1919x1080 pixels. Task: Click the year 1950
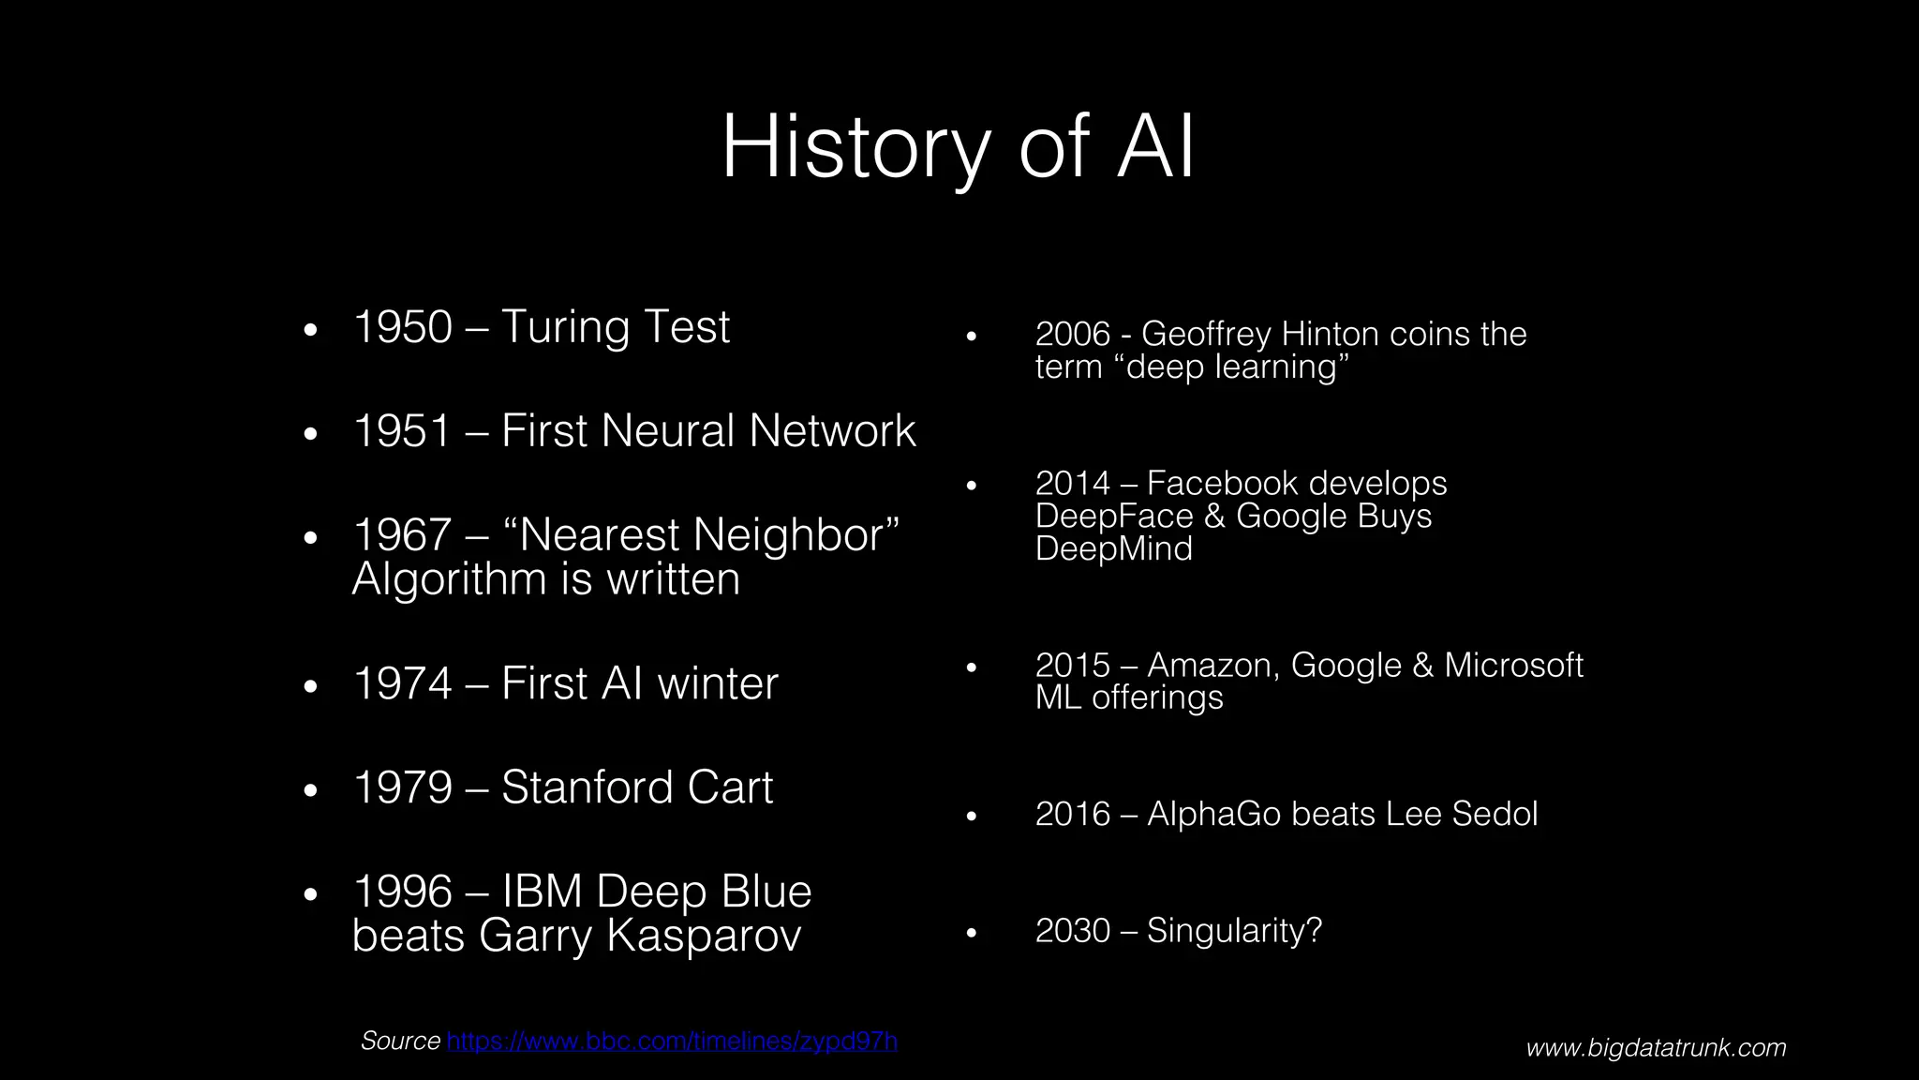pyautogui.click(x=402, y=327)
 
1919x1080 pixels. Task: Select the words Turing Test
pyautogui.click(x=615, y=327)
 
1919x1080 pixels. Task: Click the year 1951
pyautogui.click(x=402, y=431)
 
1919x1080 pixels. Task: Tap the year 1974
pyautogui.click(x=402, y=683)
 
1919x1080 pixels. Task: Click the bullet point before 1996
pyautogui.click(x=311, y=894)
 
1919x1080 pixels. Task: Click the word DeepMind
pyautogui.click(x=1113, y=549)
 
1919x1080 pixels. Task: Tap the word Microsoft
pyautogui.click(x=1513, y=666)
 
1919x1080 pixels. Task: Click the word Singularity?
pyautogui.click(x=1234, y=931)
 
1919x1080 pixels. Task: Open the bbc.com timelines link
pyautogui.click(x=672, y=1041)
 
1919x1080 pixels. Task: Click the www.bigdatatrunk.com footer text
pyautogui.click(x=1656, y=1047)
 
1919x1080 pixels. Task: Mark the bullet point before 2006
pyautogui.click(x=972, y=336)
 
